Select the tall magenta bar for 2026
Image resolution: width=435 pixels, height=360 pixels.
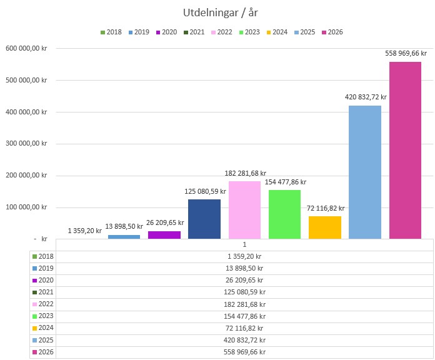[405, 150]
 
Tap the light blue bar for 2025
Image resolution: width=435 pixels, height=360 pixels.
[365, 172]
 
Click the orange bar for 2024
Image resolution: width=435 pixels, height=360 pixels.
[325, 227]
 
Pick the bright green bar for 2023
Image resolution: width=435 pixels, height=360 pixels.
[285, 214]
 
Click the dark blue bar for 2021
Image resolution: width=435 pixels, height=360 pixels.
[204, 219]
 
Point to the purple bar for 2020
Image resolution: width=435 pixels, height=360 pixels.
[164, 234]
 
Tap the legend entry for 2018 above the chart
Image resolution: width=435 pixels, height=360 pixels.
[111, 32]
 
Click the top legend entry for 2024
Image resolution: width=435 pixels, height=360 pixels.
[276, 32]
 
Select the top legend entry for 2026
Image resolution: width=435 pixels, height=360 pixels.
[332, 32]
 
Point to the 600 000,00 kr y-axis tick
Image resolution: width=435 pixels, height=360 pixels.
[26, 48]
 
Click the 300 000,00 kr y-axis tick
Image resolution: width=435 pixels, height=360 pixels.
[26, 143]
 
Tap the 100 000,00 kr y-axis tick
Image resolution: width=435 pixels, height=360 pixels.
[26, 207]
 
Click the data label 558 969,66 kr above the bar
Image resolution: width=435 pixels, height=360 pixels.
[406, 54]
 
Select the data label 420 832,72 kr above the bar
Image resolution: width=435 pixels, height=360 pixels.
[366, 97]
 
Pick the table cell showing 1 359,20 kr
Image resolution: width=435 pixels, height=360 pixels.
[244, 256]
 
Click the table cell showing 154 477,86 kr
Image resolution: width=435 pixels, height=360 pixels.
[244, 316]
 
